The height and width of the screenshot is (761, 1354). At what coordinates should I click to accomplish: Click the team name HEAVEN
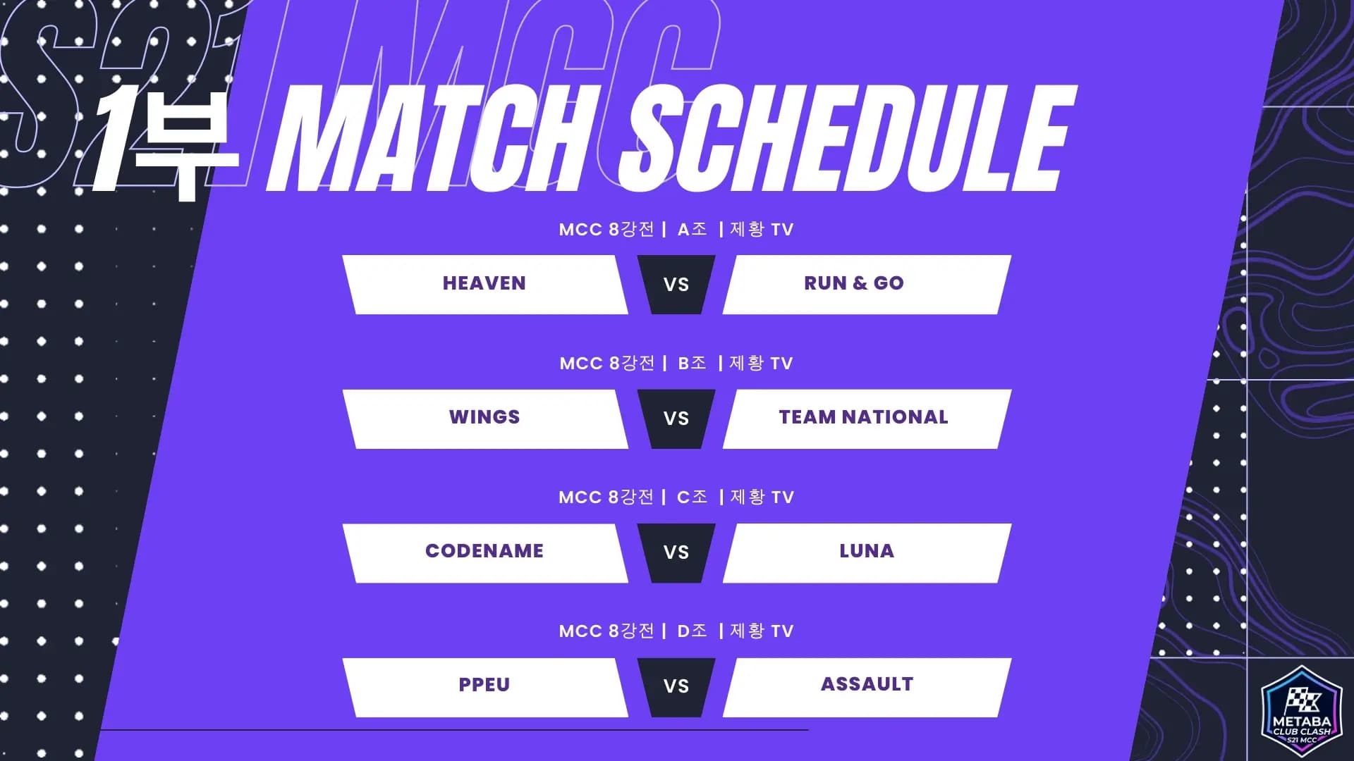(484, 283)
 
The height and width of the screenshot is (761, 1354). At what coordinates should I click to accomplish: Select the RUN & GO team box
(867, 285)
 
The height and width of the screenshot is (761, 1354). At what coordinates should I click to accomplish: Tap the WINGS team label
(484, 417)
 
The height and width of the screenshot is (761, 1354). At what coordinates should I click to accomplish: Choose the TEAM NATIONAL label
(863, 417)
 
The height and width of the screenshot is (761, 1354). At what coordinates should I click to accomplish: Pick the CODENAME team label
(484, 551)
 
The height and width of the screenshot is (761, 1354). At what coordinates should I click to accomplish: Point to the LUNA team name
(867, 551)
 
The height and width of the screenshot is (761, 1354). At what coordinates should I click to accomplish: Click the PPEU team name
(484, 685)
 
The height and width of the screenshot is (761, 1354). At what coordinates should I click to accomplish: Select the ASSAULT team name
(867, 684)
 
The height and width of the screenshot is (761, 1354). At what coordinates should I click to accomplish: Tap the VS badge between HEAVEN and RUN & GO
(676, 285)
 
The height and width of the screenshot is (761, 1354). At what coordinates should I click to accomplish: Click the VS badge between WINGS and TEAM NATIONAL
(676, 419)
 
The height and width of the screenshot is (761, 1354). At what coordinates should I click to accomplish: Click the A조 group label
(692, 229)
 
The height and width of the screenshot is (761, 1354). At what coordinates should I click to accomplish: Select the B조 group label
(692, 363)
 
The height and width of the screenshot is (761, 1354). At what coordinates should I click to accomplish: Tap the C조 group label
(692, 497)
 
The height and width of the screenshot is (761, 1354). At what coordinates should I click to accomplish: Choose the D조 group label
(692, 631)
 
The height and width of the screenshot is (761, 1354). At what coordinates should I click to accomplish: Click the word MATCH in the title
(430, 139)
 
